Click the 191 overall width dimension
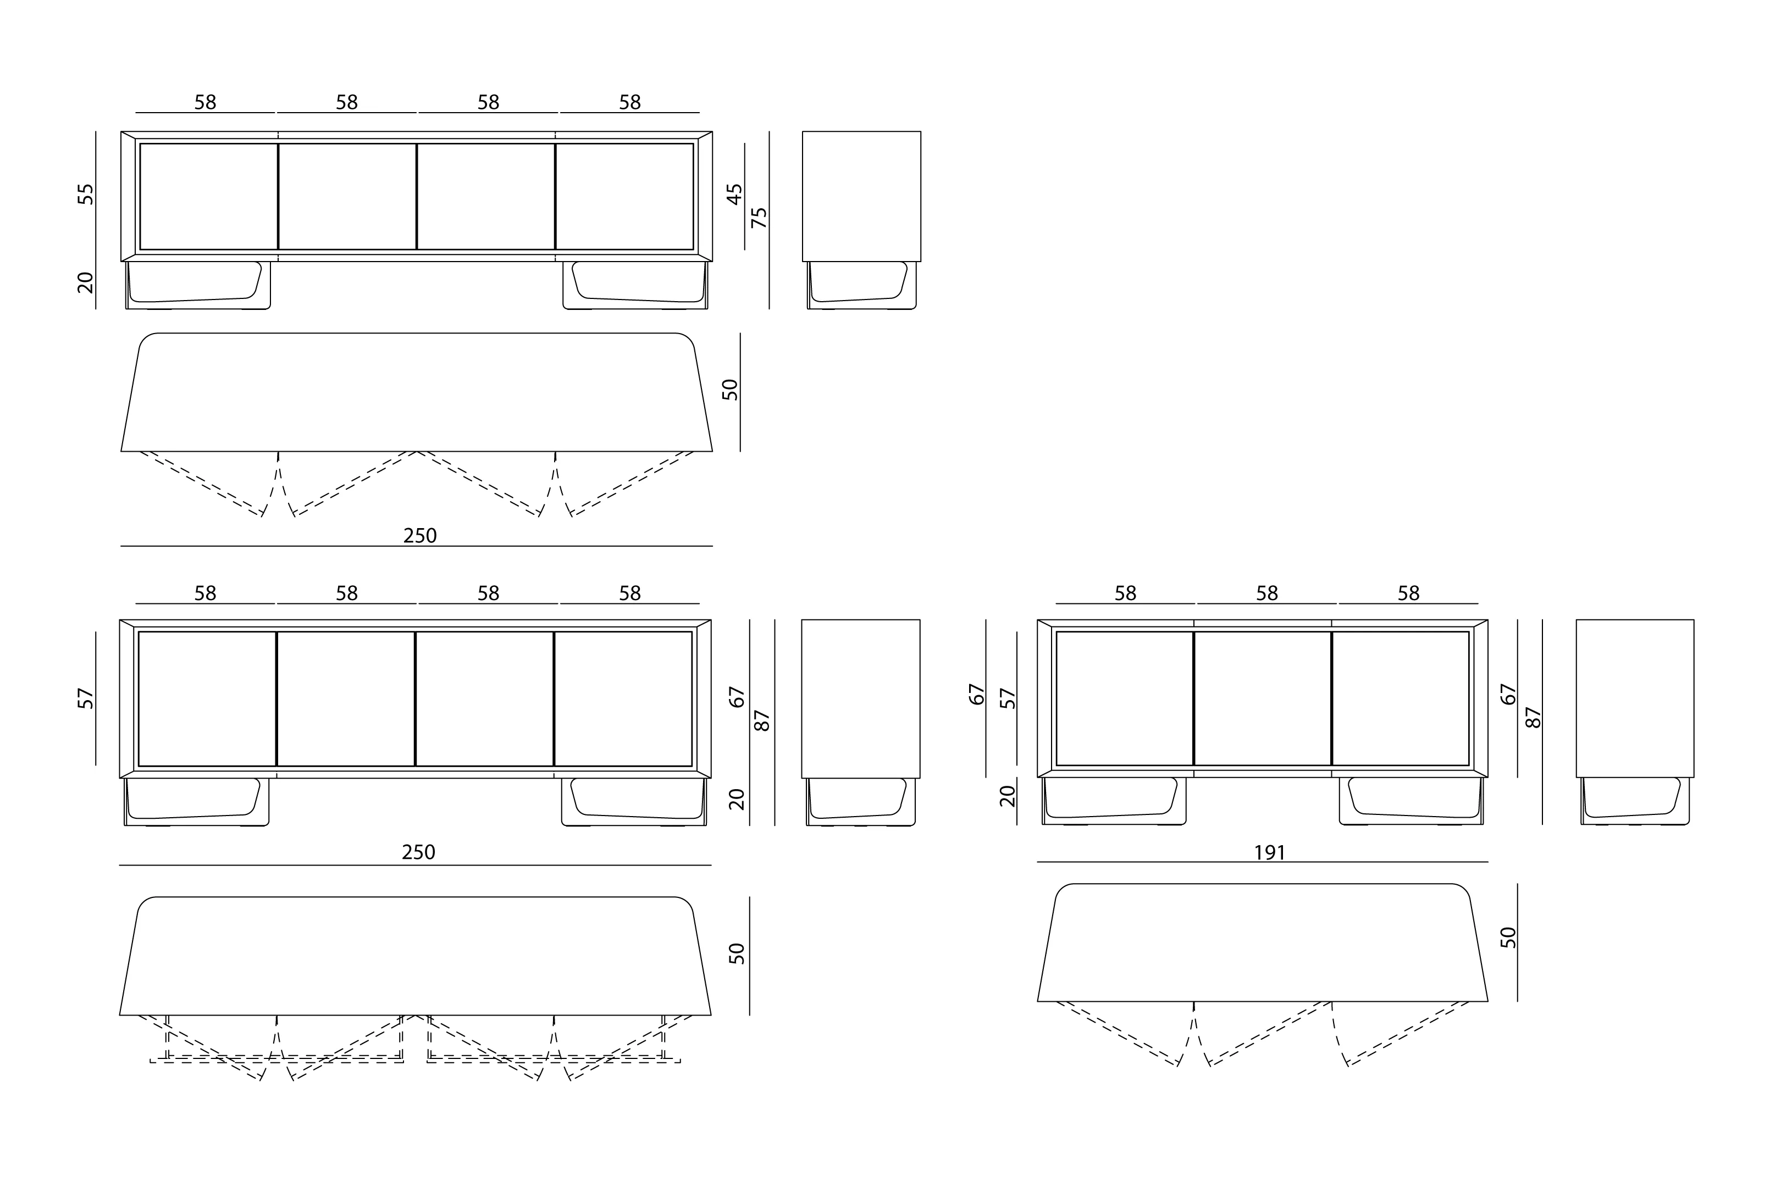coord(1270,853)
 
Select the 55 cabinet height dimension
coord(86,194)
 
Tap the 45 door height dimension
coord(734,194)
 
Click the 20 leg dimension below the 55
coord(86,282)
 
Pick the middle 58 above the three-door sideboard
coord(1266,593)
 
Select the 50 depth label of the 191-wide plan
coord(1508,937)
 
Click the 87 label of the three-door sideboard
coord(1533,718)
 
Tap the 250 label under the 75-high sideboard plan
coord(419,536)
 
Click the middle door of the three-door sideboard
coord(1262,698)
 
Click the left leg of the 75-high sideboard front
coord(197,285)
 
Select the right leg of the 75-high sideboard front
coord(636,285)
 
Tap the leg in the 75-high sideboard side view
coord(861,285)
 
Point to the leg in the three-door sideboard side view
coord(1635,801)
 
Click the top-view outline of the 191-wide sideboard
coord(1262,942)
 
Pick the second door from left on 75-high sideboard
coord(347,196)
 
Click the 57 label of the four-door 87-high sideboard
coord(86,698)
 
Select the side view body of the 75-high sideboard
coord(861,196)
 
